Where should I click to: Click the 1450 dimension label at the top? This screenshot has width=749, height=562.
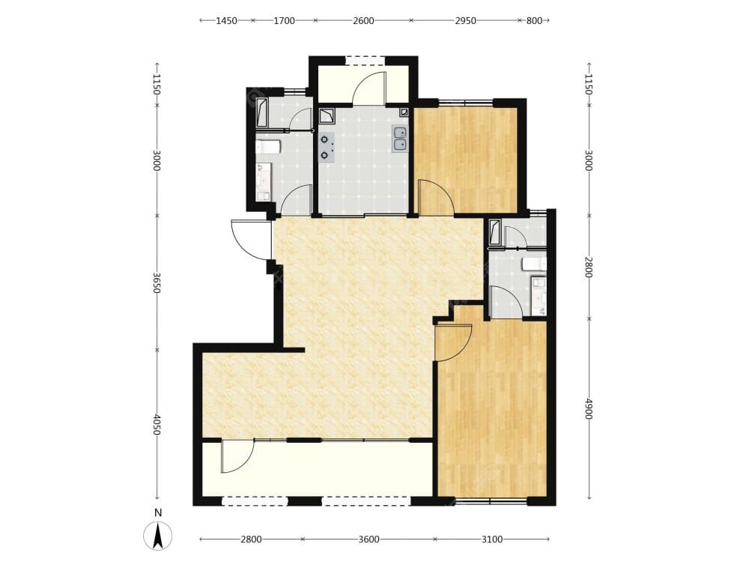tap(226, 20)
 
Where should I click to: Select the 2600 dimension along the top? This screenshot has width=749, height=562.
tap(363, 20)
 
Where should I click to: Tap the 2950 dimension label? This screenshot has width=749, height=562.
tap(465, 20)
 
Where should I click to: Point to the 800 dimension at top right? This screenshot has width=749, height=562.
tap(534, 20)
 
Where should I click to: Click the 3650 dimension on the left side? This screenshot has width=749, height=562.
tap(157, 283)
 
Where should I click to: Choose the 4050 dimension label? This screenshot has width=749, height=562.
tap(157, 424)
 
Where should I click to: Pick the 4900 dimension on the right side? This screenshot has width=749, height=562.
tap(589, 408)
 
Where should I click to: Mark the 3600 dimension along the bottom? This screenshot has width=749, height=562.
tap(369, 540)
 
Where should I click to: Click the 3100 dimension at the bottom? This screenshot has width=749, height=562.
tap(492, 540)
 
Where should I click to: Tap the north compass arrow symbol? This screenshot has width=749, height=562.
tap(158, 537)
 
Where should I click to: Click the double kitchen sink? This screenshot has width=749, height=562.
tap(400, 139)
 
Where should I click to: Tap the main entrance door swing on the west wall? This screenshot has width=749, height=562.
tap(249, 240)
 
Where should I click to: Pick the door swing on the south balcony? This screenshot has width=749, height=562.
tap(237, 456)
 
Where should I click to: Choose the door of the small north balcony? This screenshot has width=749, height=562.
tap(369, 88)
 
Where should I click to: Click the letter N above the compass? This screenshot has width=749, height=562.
tap(158, 513)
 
